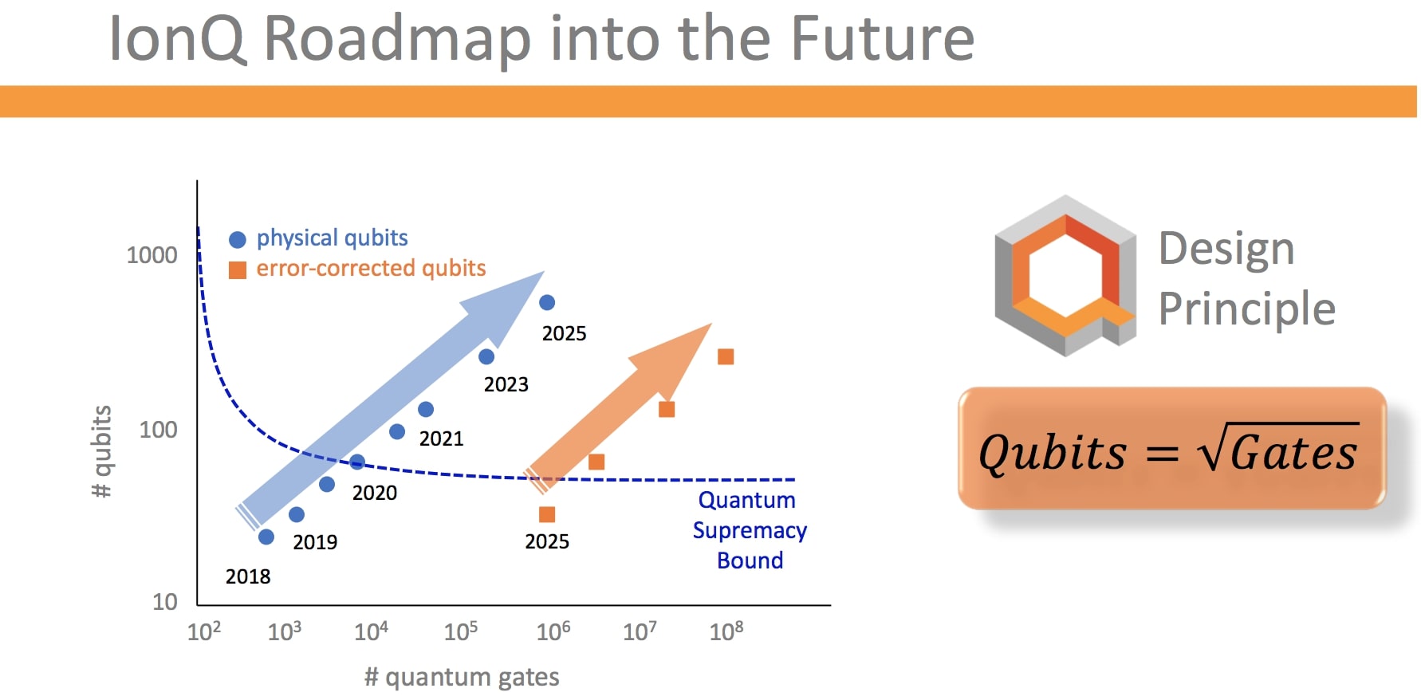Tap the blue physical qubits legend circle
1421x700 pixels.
(237, 239)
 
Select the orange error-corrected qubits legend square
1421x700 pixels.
(237, 270)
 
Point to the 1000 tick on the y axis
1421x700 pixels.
(152, 255)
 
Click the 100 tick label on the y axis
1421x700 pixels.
(158, 430)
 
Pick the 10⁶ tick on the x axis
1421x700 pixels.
(553, 631)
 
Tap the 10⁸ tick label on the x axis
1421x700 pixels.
(726, 631)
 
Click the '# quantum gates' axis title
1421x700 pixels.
(462, 677)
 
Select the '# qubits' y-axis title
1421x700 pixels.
(101, 451)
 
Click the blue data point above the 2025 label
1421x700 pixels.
(547, 302)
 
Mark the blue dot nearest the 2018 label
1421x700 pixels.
(266, 537)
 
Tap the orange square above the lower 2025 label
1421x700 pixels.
(547, 514)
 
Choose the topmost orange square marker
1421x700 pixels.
(726, 356)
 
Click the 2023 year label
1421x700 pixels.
(506, 384)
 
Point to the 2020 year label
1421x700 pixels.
(374, 493)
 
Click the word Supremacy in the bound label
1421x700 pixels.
(750, 530)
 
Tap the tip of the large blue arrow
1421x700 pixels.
(542, 273)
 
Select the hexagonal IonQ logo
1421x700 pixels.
(1065, 275)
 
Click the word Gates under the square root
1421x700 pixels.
(1293, 453)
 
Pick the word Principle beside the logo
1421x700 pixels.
(1246, 309)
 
